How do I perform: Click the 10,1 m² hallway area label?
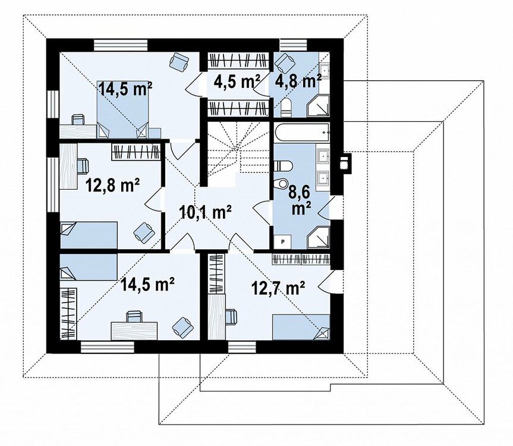click(x=206, y=212)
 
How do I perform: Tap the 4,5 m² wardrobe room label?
click(x=237, y=82)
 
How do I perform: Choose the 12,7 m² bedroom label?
click(x=278, y=288)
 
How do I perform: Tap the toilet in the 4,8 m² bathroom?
click(x=285, y=106)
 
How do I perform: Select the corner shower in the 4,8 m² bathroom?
click(x=318, y=106)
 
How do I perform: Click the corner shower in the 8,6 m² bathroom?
click(x=318, y=237)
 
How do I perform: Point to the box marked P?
click(x=283, y=241)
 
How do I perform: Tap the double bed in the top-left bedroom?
click(x=122, y=109)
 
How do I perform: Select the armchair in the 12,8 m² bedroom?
click(x=144, y=233)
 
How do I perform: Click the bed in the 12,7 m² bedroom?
click(x=301, y=327)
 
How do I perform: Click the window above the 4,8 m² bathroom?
click(x=294, y=45)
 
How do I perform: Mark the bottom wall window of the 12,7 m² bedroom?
click(x=242, y=347)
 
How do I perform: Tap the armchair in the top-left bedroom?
click(x=180, y=60)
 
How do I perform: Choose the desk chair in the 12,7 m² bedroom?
click(x=231, y=316)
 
